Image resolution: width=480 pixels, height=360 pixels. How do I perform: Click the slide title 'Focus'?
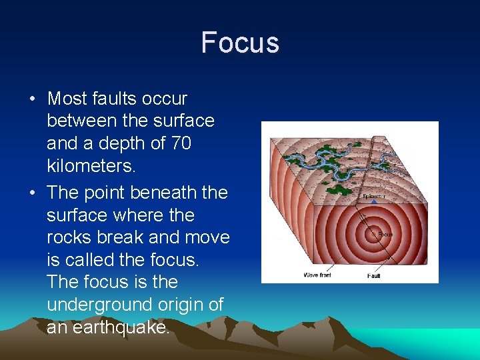tap(240, 42)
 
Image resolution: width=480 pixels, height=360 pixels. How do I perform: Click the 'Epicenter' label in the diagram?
tap(374, 197)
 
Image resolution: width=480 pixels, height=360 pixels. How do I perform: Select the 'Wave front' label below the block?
tap(317, 275)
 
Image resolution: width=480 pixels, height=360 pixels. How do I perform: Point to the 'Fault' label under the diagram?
tap(374, 275)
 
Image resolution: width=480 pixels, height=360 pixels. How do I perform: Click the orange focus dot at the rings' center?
tap(374, 233)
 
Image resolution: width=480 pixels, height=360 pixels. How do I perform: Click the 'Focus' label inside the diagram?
tap(385, 234)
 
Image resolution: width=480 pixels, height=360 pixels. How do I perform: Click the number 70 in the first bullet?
tap(180, 144)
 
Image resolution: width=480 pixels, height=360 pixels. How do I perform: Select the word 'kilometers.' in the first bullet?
tap(91, 166)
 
